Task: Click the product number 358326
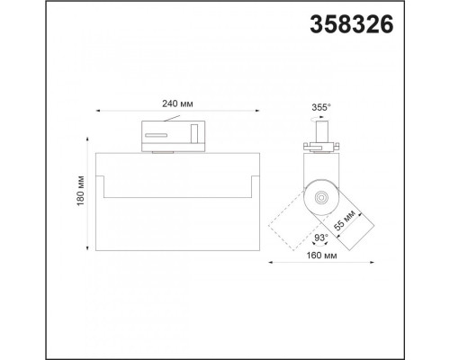(351, 24)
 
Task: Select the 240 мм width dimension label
(177, 103)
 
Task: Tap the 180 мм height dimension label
(80, 191)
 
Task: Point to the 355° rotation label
(321, 107)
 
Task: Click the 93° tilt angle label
(320, 238)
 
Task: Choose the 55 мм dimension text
(345, 220)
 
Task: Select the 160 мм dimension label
(321, 256)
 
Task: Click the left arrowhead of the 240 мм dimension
(98, 111)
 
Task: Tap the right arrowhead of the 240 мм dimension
(257, 111)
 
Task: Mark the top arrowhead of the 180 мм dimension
(87, 139)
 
